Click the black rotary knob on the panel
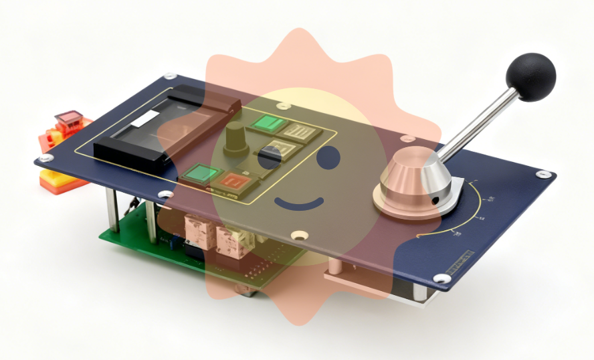235,138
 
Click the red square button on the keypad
235,181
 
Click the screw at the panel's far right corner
544,174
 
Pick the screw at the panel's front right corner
441,277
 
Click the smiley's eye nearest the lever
326,159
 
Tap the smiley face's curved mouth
299,202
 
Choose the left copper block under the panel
197,229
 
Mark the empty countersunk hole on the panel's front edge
298,236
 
